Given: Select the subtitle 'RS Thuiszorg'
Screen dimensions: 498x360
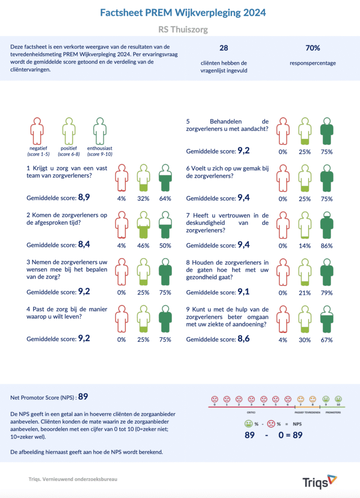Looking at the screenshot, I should click(183, 30).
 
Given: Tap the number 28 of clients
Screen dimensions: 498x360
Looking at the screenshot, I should click(224, 48).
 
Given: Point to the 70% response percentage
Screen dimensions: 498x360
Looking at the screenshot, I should click(312, 48).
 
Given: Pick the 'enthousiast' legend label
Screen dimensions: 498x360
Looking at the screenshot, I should click(100, 148).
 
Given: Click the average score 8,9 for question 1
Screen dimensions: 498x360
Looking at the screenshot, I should click(84, 198).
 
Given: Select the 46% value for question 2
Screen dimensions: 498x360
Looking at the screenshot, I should click(143, 246).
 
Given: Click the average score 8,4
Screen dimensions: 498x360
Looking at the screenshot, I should click(84, 245).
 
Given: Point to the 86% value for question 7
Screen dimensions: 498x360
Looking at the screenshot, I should click(326, 246).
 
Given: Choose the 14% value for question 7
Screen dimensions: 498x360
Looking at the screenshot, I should click(304, 246).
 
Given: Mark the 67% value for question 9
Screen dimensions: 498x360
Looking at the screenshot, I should click(326, 340).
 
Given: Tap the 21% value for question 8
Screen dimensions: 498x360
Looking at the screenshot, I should click(304, 293).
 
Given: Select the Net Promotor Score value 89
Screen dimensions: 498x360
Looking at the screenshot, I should click(83, 397).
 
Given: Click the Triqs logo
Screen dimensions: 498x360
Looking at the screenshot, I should click(319, 482).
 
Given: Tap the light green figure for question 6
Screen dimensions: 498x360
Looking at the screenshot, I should click(304, 178).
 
